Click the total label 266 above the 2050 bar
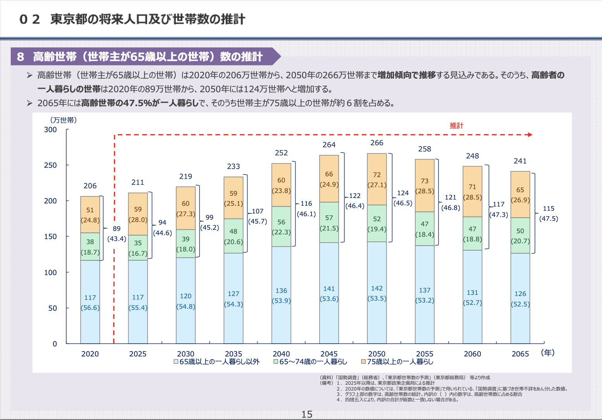click(x=377, y=143)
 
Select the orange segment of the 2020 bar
click(x=90, y=215)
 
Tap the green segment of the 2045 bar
click(x=329, y=222)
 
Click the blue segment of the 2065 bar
click(x=520, y=298)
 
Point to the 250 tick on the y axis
click(x=50, y=165)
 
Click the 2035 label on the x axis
click(x=233, y=354)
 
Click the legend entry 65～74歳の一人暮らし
click(x=310, y=362)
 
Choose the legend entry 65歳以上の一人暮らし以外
click(x=217, y=362)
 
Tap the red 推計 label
click(x=456, y=126)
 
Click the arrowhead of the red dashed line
click(x=530, y=135)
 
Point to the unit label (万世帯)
click(x=63, y=120)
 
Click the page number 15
click(x=307, y=414)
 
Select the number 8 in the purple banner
click(x=21, y=57)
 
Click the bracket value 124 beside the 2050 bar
click(x=403, y=193)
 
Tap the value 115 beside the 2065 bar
click(x=549, y=208)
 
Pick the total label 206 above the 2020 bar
click(x=90, y=186)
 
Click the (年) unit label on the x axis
click(x=548, y=353)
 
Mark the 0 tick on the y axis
click(x=55, y=344)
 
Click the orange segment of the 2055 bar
click(x=425, y=186)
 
